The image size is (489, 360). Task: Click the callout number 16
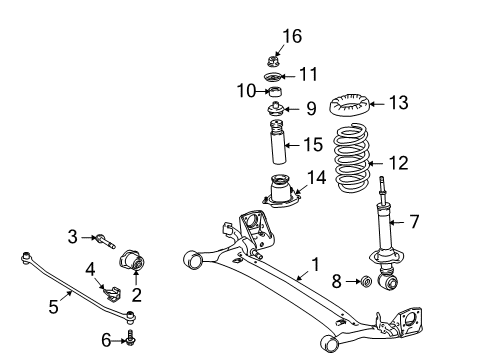click(x=291, y=37)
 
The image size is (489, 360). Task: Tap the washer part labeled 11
click(x=273, y=77)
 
